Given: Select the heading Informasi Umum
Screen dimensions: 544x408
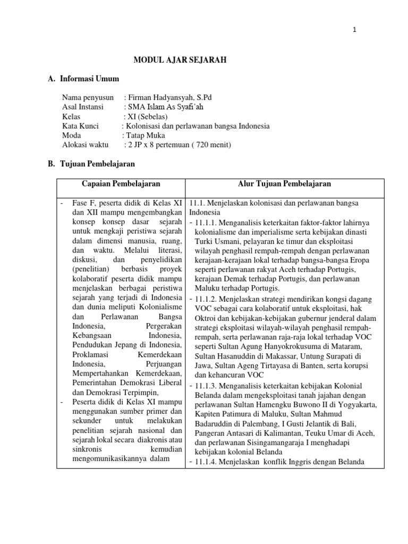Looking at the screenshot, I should coord(89,79).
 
